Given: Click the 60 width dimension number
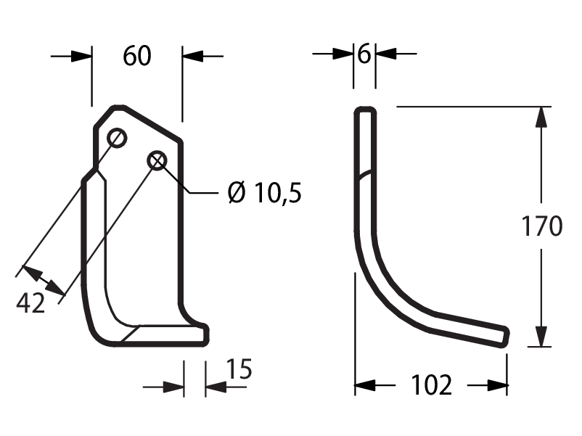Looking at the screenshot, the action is (x=137, y=56).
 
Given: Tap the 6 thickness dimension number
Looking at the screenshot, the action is (x=364, y=54).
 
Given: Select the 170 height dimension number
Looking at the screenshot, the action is (x=542, y=226).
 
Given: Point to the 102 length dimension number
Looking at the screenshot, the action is (x=432, y=384).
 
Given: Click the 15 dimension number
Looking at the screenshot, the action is (x=239, y=369).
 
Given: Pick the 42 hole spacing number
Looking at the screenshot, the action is (x=30, y=303).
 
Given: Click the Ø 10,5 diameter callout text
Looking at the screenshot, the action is (x=265, y=192).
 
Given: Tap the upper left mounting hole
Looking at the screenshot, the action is (x=117, y=138).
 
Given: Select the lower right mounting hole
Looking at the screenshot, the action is (x=157, y=160).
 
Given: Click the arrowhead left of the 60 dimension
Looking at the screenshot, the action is (x=81, y=57).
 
